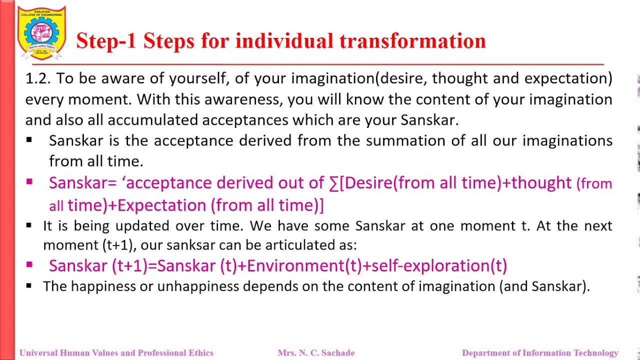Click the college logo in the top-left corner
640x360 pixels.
point(41,33)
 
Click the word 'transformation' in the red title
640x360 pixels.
point(412,41)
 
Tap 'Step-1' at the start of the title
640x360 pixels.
point(105,41)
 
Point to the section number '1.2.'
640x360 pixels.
point(38,78)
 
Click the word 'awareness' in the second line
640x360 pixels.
point(243,99)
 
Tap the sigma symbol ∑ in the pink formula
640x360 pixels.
point(333,183)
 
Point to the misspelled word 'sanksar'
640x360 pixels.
point(190,245)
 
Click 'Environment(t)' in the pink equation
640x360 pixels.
point(304,266)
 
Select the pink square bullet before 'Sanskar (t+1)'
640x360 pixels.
point(29,265)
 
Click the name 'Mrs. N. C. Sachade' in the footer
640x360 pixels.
point(316,353)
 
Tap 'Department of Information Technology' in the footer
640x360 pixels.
point(540,353)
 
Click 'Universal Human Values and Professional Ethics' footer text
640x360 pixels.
point(116,353)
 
